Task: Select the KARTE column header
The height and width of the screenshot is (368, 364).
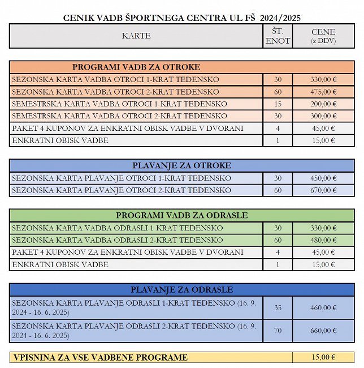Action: (x=136, y=36)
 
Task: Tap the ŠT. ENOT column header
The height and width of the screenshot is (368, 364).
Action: (x=278, y=36)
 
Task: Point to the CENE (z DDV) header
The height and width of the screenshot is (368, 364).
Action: (x=323, y=36)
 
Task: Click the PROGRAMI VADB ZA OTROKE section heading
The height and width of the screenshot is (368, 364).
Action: (x=136, y=67)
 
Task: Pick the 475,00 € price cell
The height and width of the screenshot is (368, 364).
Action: (x=323, y=92)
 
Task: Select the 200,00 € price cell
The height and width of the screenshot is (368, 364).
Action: (x=323, y=104)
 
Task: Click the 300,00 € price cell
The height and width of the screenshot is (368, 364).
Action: (x=323, y=116)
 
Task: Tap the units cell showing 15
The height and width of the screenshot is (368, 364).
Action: (x=278, y=104)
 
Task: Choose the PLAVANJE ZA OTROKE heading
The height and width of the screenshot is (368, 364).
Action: (x=181, y=166)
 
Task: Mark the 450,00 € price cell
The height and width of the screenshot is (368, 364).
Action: (x=323, y=178)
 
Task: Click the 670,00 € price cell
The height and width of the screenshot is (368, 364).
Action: (x=323, y=190)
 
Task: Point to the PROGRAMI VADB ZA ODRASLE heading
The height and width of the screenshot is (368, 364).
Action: (x=181, y=216)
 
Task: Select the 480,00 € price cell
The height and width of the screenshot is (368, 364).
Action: (x=323, y=240)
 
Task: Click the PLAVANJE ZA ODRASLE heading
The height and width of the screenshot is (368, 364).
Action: (x=181, y=290)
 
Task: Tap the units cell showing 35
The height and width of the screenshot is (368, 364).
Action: (x=278, y=308)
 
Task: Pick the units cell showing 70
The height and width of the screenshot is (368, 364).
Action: (x=278, y=331)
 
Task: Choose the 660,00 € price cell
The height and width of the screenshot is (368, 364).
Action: (x=323, y=331)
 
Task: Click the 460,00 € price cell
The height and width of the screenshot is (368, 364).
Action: (x=323, y=308)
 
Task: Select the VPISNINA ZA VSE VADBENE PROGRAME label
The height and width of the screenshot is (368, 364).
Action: (x=99, y=357)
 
